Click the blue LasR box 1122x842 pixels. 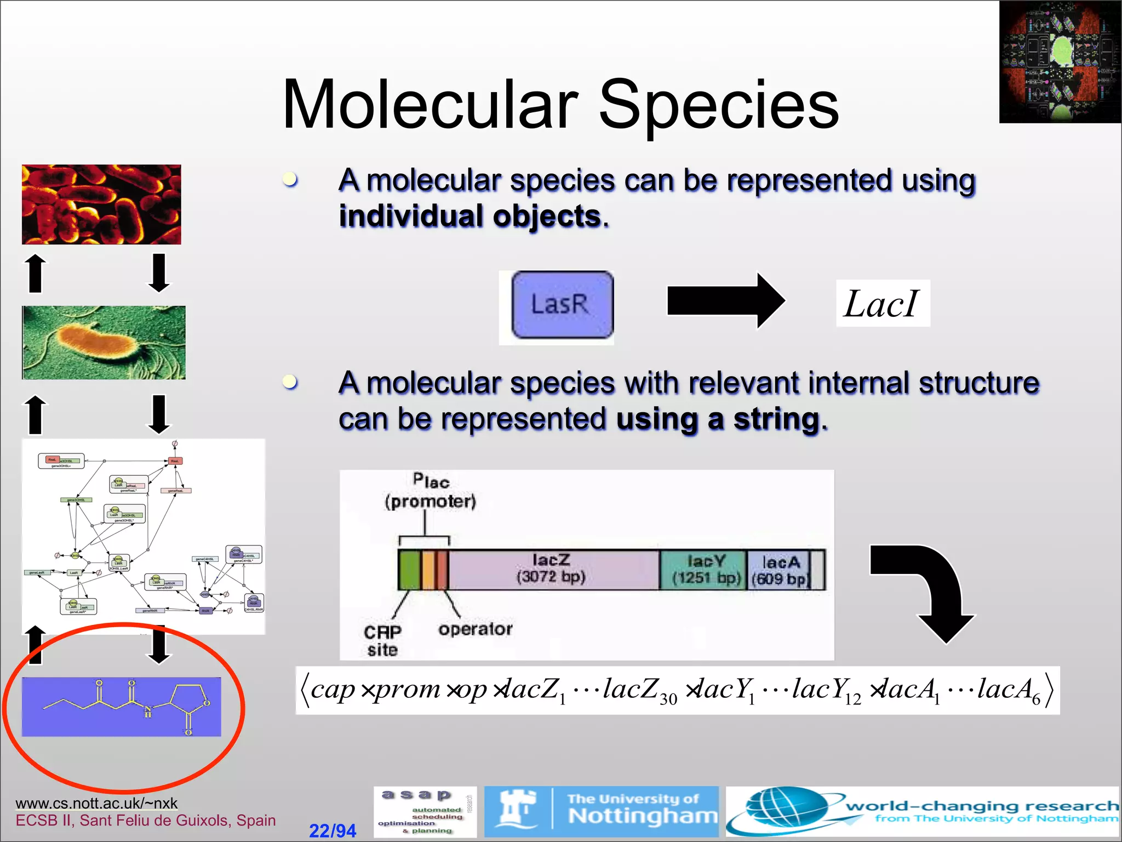(562, 305)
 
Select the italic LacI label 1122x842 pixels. (881, 304)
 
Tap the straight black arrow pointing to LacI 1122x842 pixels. (724, 301)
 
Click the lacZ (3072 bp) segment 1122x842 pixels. (552, 569)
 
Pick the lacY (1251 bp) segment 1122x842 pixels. (704, 570)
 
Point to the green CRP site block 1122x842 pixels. (409, 570)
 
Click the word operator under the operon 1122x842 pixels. (475, 629)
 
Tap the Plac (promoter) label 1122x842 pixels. (431, 491)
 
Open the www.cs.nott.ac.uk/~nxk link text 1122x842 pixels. (96, 803)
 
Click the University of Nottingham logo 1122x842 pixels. (602, 811)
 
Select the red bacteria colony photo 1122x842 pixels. (101, 204)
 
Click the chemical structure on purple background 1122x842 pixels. (122, 707)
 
